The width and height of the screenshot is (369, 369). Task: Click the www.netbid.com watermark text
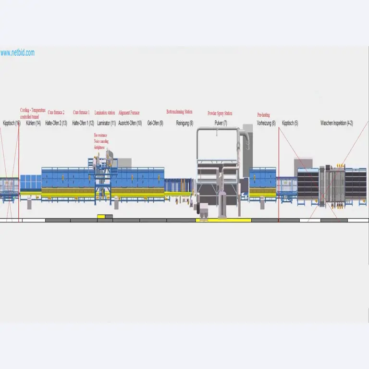(x=17, y=53)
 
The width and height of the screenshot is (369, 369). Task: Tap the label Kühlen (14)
(x=33, y=123)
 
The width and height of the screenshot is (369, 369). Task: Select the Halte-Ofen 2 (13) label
(x=56, y=123)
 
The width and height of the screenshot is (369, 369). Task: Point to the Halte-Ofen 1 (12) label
(x=83, y=123)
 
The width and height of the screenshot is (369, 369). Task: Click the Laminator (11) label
(x=106, y=123)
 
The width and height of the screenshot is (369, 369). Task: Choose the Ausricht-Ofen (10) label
(x=130, y=123)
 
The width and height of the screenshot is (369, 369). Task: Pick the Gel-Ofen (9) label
(x=155, y=123)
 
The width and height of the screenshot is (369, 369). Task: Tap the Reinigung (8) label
(x=184, y=123)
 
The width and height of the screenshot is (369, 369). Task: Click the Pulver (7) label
(x=221, y=123)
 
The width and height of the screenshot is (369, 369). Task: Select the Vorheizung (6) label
(x=266, y=123)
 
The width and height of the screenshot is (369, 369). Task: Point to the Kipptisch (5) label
(x=290, y=123)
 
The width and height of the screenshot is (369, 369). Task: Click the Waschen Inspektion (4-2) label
(x=337, y=123)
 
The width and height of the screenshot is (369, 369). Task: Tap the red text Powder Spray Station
(x=220, y=113)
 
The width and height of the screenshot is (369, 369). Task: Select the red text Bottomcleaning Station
(x=180, y=112)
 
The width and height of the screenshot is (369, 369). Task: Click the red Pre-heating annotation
(x=263, y=115)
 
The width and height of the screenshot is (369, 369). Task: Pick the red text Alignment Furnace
(x=129, y=112)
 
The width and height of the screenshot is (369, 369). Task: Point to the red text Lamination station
(x=105, y=112)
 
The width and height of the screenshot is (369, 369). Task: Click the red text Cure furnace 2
(x=56, y=112)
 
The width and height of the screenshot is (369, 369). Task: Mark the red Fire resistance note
(x=101, y=135)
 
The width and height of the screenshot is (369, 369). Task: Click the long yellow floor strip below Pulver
(x=223, y=220)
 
